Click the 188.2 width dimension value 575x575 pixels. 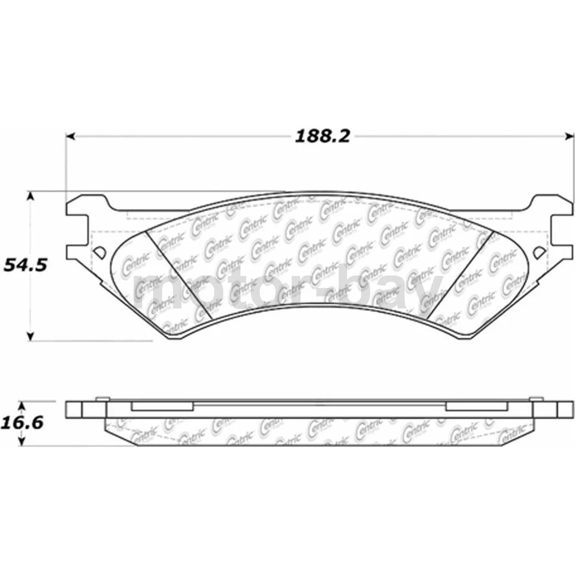click(321, 137)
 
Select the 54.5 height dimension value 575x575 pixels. click(25, 265)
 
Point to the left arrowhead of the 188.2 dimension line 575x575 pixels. click(69, 137)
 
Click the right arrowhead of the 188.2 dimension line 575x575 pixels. click(569, 137)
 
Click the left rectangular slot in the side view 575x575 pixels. click(162, 406)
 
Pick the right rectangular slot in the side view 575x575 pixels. click(477, 406)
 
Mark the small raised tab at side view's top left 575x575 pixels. click(102, 398)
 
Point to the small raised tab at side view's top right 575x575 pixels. click(537, 398)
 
